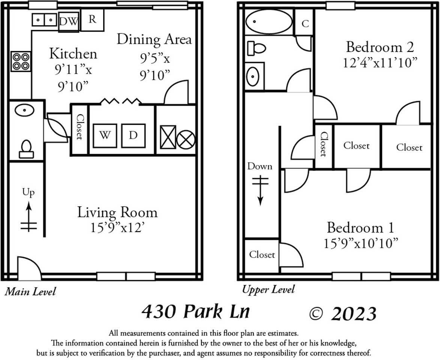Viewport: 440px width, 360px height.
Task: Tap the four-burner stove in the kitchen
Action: (x=21, y=61)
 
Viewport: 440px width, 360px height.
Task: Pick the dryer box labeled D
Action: (x=133, y=135)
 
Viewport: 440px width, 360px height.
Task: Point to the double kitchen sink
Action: (x=44, y=19)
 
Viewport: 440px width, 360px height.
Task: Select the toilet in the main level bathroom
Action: (x=26, y=148)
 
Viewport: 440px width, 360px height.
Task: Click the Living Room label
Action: (x=117, y=212)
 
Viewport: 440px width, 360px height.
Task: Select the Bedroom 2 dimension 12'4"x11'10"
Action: (x=380, y=62)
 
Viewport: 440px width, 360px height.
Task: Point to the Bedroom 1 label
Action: (x=360, y=228)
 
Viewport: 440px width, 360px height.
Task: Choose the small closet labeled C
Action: (x=305, y=23)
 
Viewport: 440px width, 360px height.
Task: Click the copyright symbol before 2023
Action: (x=317, y=313)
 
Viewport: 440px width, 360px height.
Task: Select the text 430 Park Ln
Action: (x=195, y=312)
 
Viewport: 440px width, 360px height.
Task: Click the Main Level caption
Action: (x=30, y=291)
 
